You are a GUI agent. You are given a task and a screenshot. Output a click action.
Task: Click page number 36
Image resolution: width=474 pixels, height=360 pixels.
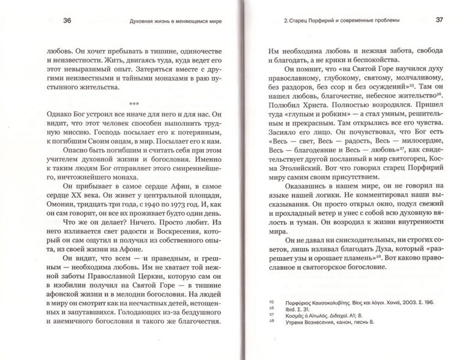click(66, 20)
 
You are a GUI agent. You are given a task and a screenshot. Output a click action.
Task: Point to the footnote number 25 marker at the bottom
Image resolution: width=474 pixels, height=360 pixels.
click(272, 302)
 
